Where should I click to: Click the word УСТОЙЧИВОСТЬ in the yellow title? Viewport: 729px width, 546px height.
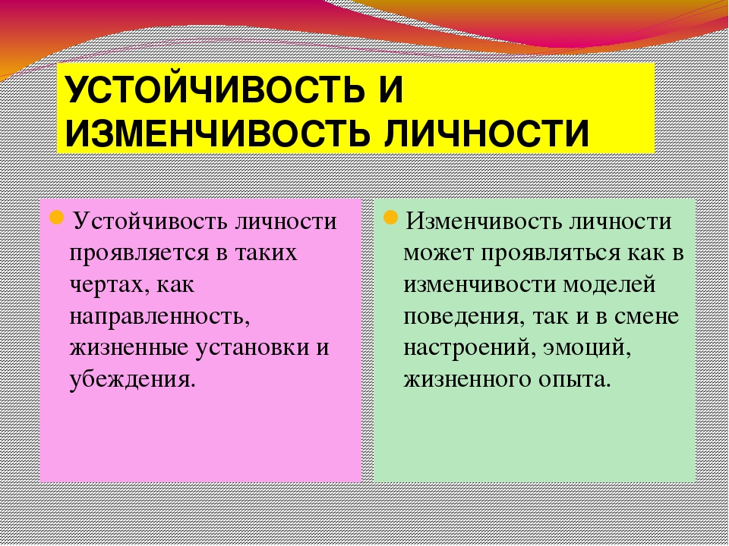click(213, 89)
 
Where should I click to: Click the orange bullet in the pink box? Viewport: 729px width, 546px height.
click(56, 217)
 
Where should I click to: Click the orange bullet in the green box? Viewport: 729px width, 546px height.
click(390, 217)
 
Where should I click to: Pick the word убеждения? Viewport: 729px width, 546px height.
click(130, 380)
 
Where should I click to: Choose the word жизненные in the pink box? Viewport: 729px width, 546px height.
click(129, 348)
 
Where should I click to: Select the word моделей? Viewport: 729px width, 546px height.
click(609, 285)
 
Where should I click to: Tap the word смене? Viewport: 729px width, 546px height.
click(647, 317)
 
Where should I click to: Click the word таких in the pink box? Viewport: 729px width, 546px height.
click(267, 253)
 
